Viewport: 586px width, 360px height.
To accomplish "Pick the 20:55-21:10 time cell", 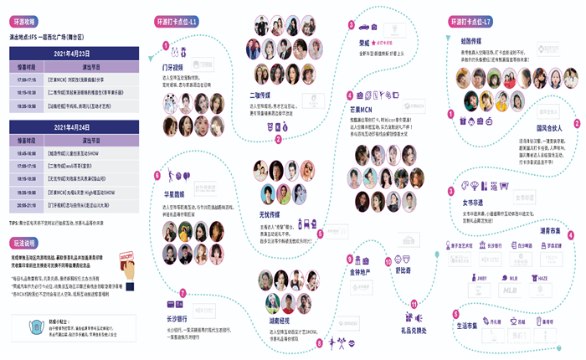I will [24, 203].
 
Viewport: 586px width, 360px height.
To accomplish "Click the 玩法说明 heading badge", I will [28, 242].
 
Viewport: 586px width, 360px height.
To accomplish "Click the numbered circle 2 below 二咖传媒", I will [277, 139].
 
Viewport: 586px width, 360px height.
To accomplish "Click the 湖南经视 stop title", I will [280, 320].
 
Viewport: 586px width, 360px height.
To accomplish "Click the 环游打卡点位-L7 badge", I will [470, 19].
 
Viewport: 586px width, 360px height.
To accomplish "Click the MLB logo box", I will [510, 291].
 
